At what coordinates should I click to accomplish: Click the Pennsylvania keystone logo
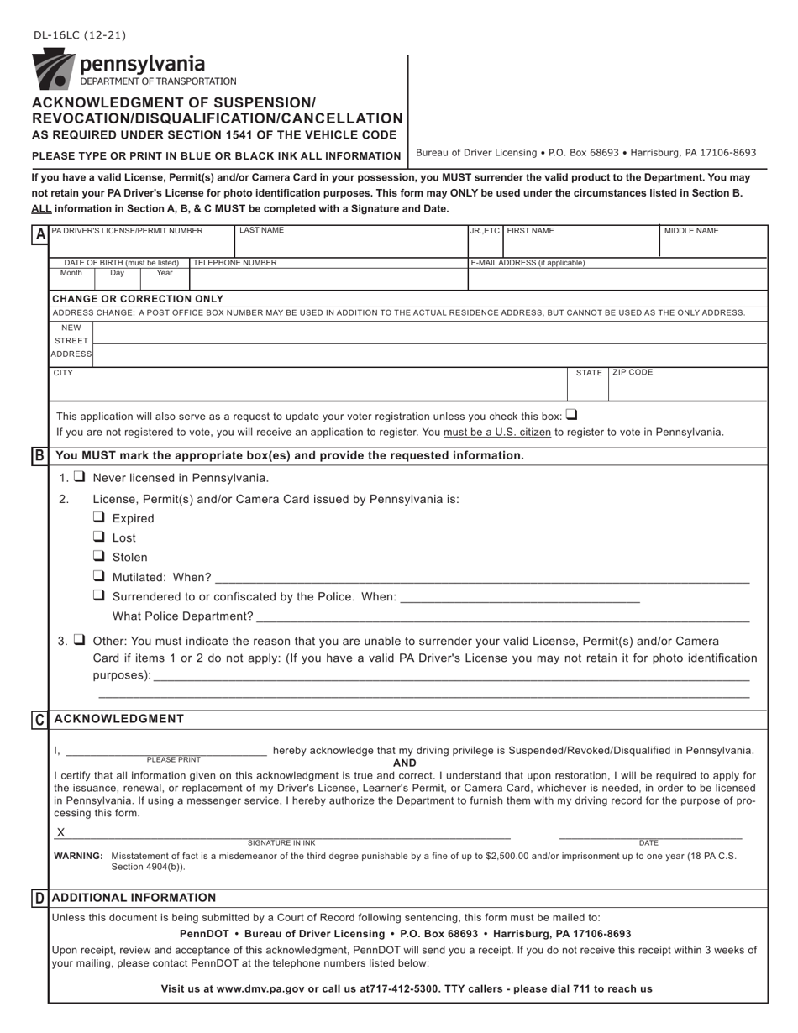click(x=52, y=69)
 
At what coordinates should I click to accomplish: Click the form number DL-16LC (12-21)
click(x=80, y=35)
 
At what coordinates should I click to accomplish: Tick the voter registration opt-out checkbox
click(x=571, y=414)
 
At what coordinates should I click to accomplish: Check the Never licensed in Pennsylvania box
click(x=79, y=477)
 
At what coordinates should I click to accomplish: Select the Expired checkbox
click(x=99, y=517)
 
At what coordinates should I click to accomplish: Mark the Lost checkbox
click(x=99, y=537)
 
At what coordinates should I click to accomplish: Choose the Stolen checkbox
click(x=99, y=556)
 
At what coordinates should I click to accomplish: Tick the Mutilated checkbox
click(x=99, y=576)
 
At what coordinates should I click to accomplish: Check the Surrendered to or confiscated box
click(x=99, y=596)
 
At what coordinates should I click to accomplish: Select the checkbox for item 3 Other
click(x=79, y=640)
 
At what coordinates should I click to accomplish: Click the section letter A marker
click(x=39, y=235)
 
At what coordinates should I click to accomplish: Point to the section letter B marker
click(x=39, y=455)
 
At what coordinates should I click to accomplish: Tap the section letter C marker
click(x=39, y=719)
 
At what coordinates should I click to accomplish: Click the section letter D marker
click(x=39, y=898)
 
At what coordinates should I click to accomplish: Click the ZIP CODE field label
click(x=633, y=372)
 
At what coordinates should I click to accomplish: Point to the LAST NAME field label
click(x=261, y=230)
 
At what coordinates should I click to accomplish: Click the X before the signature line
click(x=60, y=832)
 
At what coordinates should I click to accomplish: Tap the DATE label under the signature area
click(x=648, y=842)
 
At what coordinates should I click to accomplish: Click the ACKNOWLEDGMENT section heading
click(x=118, y=719)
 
